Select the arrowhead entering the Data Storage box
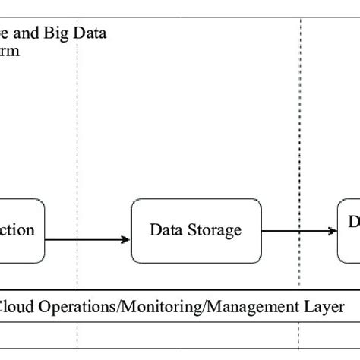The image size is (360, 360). (126, 240)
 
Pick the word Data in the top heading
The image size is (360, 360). (92, 33)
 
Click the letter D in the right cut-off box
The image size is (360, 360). (353, 222)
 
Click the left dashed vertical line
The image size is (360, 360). (77, 152)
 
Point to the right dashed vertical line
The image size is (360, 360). (300, 152)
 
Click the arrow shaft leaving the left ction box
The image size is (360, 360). (84, 240)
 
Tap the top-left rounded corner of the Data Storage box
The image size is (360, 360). (135, 203)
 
